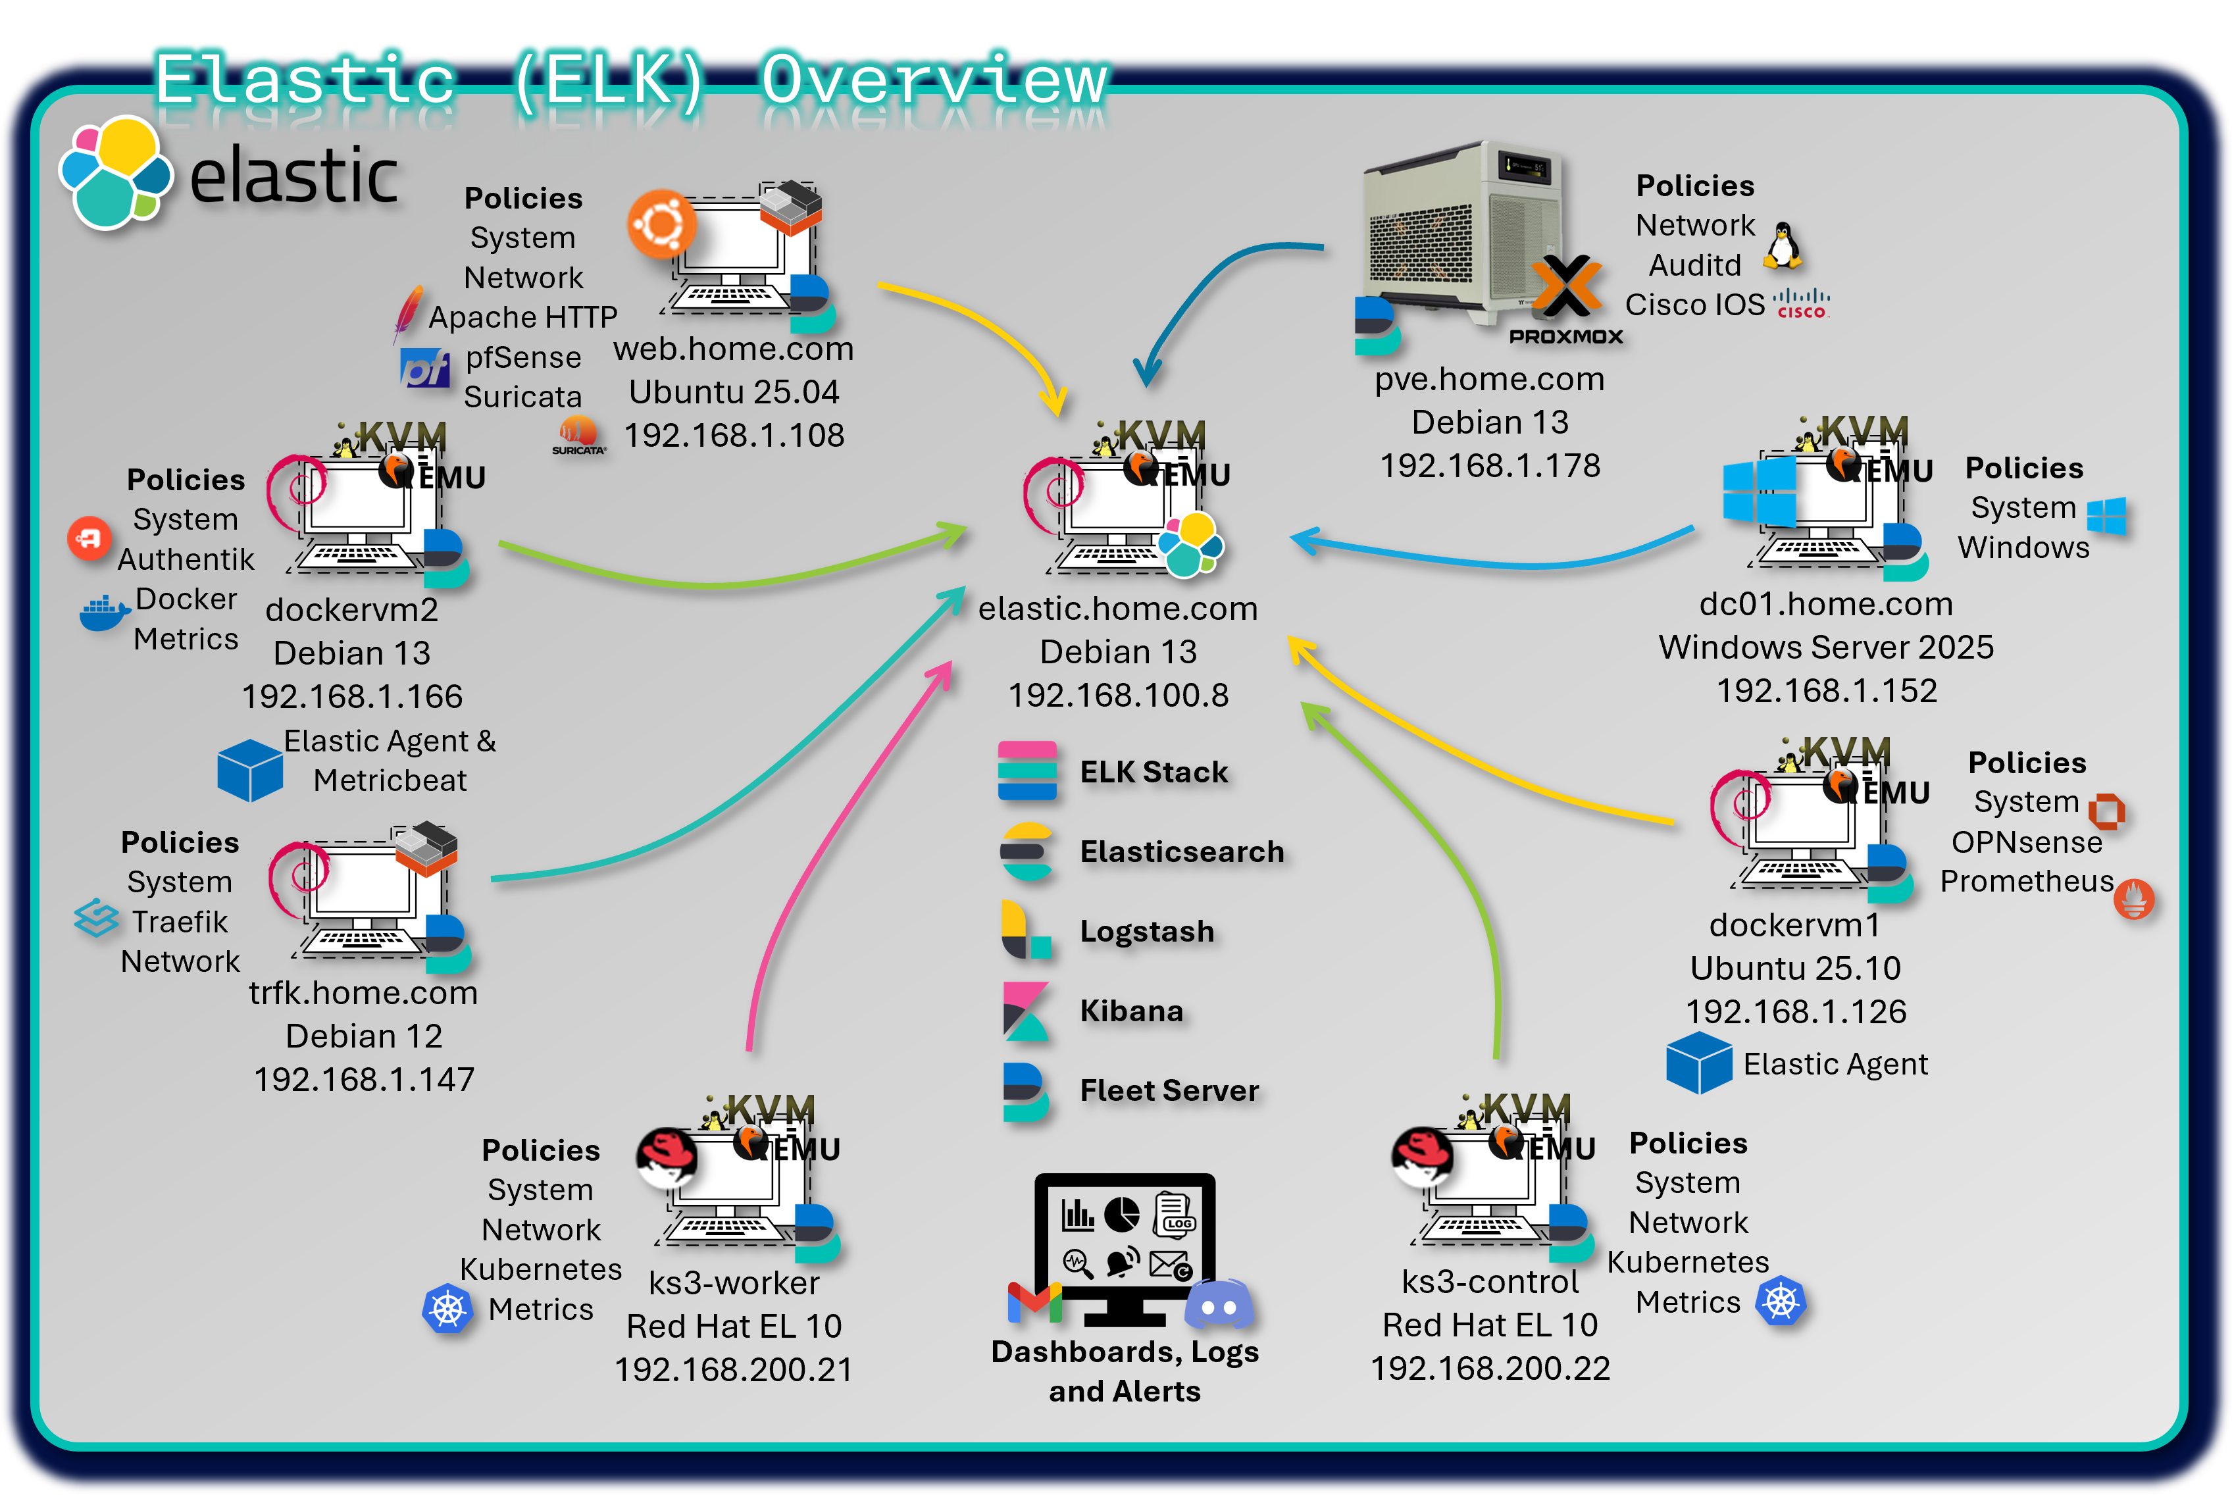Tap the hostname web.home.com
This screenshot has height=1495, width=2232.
click(733, 349)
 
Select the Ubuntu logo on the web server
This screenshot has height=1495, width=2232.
click(661, 224)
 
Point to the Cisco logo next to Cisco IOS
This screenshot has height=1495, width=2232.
click(1801, 303)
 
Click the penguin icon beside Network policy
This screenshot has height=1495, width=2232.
click(1781, 246)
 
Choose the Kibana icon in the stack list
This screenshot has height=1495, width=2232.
click(1025, 1011)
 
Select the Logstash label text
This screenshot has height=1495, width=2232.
click(1147, 932)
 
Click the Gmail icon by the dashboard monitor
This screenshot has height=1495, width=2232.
click(1034, 1302)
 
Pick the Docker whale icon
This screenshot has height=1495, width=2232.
click(103, 613)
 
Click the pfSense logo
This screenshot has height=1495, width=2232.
click(424, 368)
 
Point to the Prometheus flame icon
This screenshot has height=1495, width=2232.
click(2134, 898)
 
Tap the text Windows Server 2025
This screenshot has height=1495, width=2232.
click(1826, 647)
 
